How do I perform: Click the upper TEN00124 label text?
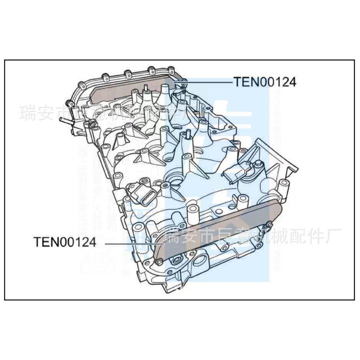pyautogui.click(x=264, y=82)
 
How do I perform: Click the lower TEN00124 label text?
pyautogui.click(x=65, y=242)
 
